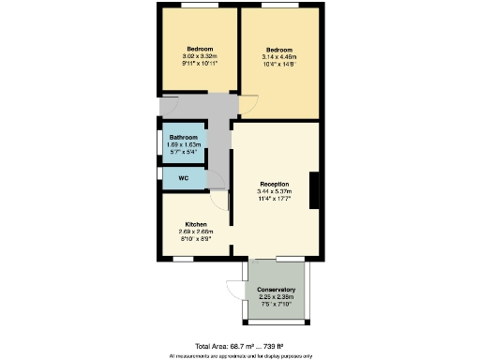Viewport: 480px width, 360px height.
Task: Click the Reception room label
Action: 274,184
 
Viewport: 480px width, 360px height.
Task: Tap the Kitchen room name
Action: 196,225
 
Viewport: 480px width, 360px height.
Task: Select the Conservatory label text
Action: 277,290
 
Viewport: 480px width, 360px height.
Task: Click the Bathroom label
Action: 184,137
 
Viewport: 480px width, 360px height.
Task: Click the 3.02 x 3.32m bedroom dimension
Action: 200,56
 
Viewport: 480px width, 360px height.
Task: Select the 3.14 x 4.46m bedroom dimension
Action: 279,57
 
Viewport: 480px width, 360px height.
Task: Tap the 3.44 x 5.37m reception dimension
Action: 274,191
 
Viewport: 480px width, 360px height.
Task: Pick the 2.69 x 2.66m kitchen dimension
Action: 196,232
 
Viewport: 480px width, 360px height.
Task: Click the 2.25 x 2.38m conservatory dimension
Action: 277,297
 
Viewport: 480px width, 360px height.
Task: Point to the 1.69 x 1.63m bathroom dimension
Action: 184,144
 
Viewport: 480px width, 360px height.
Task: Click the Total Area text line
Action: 240,346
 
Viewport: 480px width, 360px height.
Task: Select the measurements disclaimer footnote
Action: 240,356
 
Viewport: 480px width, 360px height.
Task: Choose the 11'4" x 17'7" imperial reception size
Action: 274,199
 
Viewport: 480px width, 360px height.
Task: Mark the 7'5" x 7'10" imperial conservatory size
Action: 277,304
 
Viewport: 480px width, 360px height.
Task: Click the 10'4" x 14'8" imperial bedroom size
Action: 279,65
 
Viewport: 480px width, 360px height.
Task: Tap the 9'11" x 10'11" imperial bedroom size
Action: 200,64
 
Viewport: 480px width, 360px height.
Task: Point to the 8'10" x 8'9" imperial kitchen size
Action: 196,239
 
